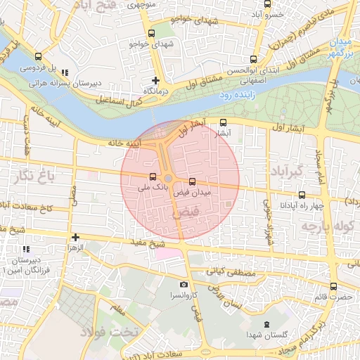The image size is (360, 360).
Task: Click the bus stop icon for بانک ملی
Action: tap(153, 176)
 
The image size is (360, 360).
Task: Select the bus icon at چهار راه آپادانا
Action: tap(302, 195)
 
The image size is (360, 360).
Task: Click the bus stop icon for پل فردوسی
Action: tap(37, 57)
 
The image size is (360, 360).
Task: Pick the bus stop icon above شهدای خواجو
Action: tap(151, 33)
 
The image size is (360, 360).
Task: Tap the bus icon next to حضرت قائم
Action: tap(333, 286)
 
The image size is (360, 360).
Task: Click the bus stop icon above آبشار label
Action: tap(224, 122)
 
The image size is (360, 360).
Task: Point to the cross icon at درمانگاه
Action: tap(156, 80)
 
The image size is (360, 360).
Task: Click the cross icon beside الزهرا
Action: tap(75, 237)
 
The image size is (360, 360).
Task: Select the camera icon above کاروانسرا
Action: tap(184, 285)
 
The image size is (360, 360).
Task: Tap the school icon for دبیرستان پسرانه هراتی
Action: tap(65, 72)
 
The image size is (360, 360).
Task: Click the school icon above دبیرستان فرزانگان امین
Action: tap(27, 249)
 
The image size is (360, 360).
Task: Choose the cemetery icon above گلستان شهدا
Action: tap(266, 324)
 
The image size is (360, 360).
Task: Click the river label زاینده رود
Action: tap(236, 94)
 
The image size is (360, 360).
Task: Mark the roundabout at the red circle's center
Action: tap(169, 179)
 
